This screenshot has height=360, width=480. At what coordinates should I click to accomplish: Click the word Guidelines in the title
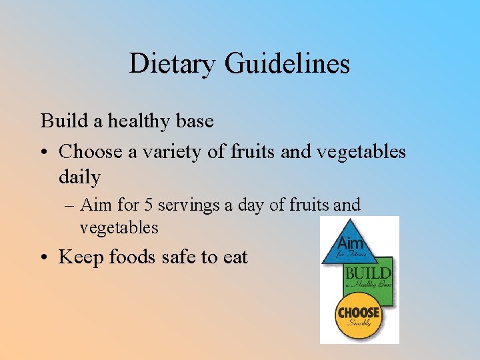(287, 64)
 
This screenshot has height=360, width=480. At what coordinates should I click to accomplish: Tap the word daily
(79, 177)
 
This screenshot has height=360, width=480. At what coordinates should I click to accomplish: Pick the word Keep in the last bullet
(80, 257)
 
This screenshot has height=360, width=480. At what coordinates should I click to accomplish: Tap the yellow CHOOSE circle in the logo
(359, 316)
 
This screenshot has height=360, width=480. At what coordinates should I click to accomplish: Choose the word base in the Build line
(196, 121)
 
